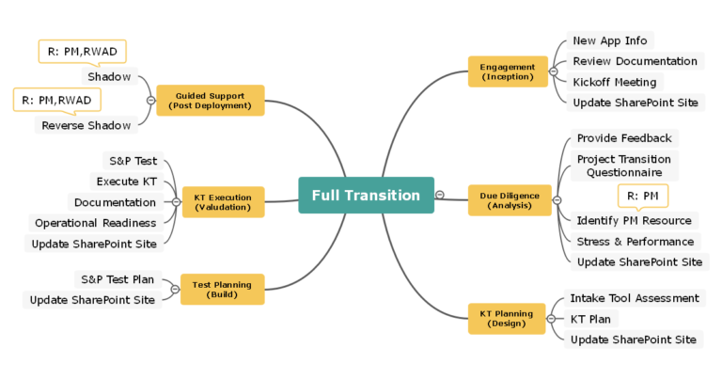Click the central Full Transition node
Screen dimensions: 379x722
tap(366, 196)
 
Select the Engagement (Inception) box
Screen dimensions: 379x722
tap(508, 71)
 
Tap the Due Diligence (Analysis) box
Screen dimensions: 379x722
tap(509, 200)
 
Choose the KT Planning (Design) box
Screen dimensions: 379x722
tap(507, 319)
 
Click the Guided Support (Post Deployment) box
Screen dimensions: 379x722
tap(210, 101)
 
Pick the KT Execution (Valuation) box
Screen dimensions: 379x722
tap(223, 202)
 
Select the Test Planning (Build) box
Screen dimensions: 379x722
tap(222, 289)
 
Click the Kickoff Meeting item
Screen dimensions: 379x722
tap(615, 82)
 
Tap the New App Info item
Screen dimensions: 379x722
tap(610, 40)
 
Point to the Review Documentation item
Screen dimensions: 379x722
tap(636, 61)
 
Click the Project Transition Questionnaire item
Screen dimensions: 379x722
tap(623, 166)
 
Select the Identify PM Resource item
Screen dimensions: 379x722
tap(634, 220)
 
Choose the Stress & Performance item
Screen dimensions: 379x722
tap(635, 241)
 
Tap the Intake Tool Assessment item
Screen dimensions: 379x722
tap(634, 298)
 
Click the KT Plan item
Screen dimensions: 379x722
tap(590, 319)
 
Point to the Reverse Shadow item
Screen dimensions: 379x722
tap(86, 125)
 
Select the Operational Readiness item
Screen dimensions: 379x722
tap(95, 223)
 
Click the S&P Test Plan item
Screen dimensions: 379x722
tap(118, 279)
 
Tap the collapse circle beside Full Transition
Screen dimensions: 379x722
tap(440, 195)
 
